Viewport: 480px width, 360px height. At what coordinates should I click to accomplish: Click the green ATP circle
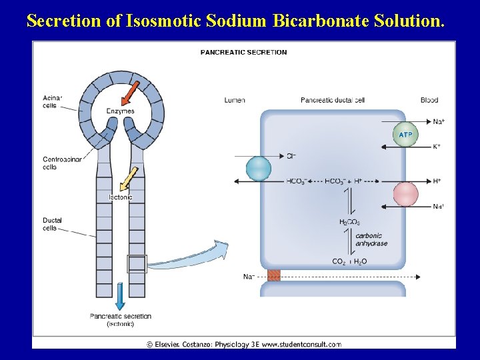point(405,135)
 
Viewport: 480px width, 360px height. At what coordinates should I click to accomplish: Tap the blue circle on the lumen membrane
point(259,168)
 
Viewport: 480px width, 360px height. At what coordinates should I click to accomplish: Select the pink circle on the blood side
point(405,194)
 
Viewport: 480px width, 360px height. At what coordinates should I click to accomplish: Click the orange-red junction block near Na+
point(274,276)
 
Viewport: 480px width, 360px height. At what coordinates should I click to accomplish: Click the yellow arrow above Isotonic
point(129,178)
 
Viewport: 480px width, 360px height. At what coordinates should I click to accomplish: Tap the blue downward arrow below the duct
point(121,296)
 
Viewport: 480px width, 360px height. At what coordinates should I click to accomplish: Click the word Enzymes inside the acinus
point(121,111)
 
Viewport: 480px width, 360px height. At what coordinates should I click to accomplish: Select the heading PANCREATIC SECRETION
point(244,52)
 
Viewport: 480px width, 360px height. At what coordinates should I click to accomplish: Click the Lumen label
point(235,100)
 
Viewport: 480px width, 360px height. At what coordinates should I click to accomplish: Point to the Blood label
point(429,100)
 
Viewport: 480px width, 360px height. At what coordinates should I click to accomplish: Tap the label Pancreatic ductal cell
point(333,100)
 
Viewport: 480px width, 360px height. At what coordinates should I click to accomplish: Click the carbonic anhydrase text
point(371,239)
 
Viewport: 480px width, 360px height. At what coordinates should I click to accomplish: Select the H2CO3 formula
point(349,222)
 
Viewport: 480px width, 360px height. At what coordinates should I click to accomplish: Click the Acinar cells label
point(51,101)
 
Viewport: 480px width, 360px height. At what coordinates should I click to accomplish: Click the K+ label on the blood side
point(437,147)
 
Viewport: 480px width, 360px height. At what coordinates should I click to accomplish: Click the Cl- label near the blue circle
point(291,156)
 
